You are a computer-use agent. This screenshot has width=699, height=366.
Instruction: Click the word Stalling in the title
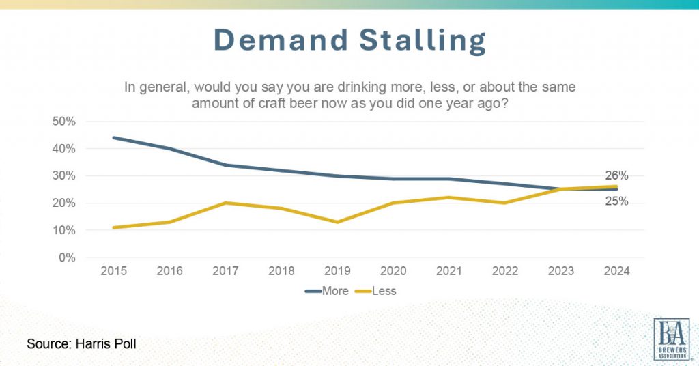(420, 41)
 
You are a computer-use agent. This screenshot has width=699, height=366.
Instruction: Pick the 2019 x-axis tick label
(337, 272)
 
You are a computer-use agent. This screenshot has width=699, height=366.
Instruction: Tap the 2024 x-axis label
(617, 272)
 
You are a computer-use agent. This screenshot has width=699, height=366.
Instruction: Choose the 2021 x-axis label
(449, 272)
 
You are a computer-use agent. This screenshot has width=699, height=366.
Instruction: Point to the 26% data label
(617, 175)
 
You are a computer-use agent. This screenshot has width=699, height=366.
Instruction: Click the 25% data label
(617, 202)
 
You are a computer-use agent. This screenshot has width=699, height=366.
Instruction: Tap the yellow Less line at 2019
(337, 222)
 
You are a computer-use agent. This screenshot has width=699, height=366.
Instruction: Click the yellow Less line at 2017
(225, 203)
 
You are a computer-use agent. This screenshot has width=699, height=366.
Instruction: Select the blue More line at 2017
(225, 165)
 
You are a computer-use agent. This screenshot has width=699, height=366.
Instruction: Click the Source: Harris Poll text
(81, 343)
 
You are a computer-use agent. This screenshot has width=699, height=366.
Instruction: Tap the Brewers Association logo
(671, 339)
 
